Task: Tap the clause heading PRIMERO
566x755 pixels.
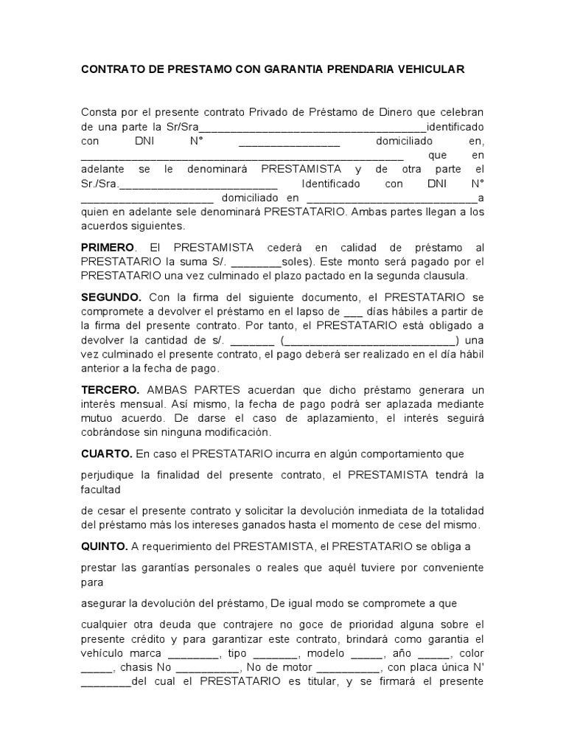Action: [108, 247]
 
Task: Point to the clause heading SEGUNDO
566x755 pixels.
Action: [111, 297]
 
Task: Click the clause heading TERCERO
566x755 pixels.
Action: [110, 390]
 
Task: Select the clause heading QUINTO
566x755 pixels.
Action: [104, 546]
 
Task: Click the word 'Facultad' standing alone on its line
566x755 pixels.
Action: [100, 489]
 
